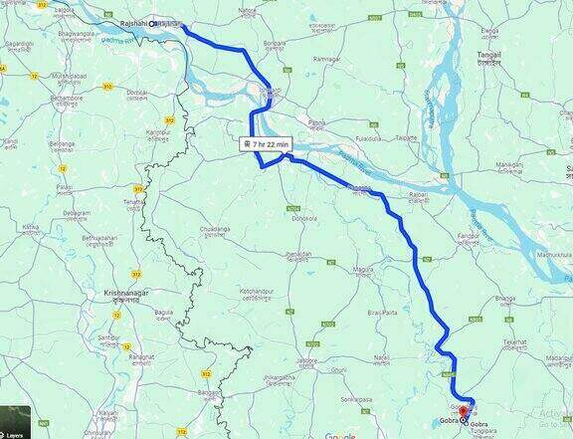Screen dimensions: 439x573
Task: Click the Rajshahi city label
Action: click(130, 23)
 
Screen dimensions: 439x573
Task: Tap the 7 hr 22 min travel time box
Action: click(266, 144)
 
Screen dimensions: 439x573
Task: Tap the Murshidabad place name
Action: click(70, 76)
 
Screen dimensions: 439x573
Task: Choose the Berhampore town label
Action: click(68, 98)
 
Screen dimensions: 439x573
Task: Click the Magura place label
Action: click(363, 269)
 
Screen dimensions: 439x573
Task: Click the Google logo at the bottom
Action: click(340, 434)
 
